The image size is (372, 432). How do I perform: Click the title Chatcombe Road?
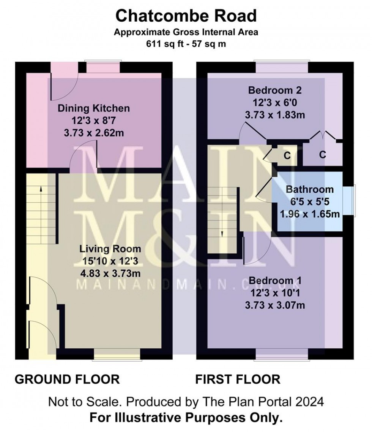coord(186,16)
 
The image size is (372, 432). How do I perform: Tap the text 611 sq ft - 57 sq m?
coord(186,44)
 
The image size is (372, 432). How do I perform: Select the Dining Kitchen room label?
coord(93,108)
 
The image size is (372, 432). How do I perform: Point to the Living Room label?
coord(110,249)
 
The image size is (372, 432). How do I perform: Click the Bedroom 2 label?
coord(275,90)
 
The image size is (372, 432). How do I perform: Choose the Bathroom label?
coord(310,189)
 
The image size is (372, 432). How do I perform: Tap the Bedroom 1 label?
coord(275,281)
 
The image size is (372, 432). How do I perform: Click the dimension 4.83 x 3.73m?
coord(110,273)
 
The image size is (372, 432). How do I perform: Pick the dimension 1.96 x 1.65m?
coord(310,214)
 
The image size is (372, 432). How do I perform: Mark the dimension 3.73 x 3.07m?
coord(275,305)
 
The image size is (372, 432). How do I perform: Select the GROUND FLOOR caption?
coord(67,380)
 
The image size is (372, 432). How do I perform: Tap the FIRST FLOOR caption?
coord(238,380)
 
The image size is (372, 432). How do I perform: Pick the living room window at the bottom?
coord(117,354)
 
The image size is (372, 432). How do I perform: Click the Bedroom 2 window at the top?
coord(282,67)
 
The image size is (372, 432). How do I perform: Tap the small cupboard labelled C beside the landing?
coord(287,156)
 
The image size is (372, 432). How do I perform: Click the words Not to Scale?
coord(85,402)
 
